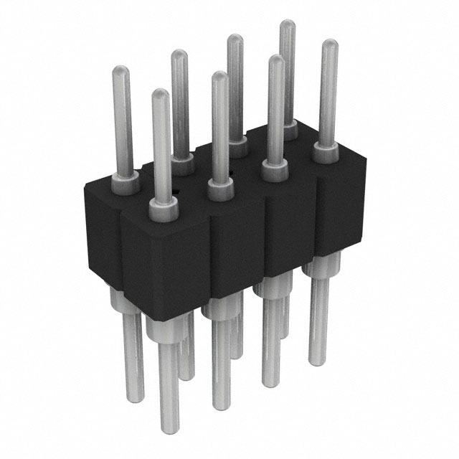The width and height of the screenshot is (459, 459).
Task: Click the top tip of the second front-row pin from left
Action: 219,75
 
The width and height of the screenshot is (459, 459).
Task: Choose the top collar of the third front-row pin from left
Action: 275,170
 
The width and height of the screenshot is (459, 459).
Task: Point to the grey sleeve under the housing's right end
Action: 317,272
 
